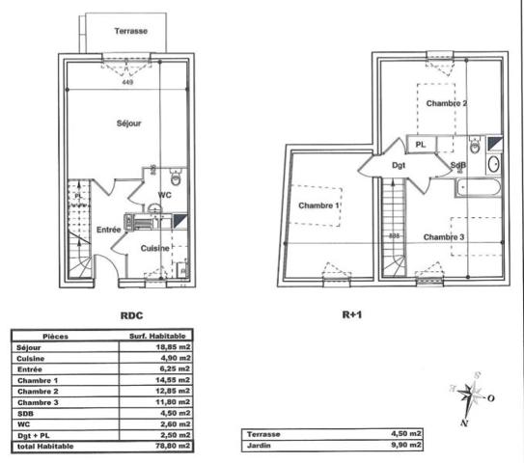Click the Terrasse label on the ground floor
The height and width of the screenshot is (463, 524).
130,31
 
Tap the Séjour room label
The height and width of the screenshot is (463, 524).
129,123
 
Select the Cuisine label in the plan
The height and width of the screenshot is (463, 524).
155,248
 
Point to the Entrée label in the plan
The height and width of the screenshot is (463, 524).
107,229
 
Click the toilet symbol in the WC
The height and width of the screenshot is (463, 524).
176,178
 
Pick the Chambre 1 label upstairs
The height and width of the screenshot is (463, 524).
318,206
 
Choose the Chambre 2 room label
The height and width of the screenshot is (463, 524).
447,103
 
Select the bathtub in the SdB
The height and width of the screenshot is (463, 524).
479,188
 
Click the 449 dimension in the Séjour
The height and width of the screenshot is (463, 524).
128,83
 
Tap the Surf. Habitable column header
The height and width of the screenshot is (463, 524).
158,337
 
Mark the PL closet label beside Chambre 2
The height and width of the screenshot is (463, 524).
421,145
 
